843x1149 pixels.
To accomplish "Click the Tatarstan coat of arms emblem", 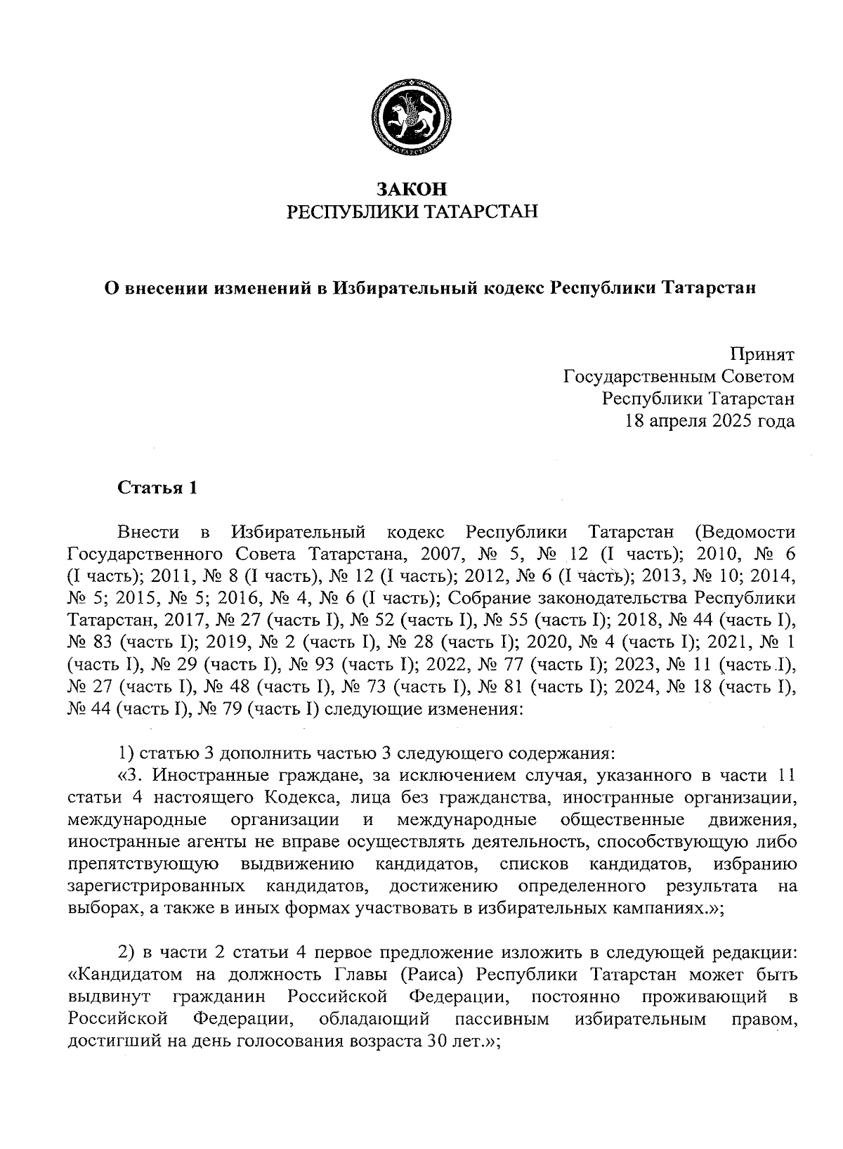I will [411, 120].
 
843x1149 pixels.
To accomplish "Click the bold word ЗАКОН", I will [412, 189].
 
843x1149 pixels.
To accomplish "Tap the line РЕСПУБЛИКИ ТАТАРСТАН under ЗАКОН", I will [412, 212].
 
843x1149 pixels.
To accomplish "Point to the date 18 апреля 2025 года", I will [710, 422].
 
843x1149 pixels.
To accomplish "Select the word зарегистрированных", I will [157, 886].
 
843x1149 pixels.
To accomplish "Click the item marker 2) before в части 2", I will [126, 953].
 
